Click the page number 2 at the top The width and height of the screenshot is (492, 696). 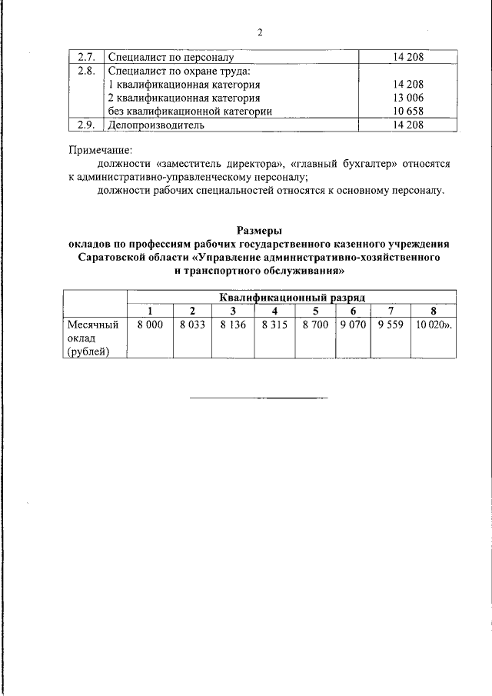[260, 32]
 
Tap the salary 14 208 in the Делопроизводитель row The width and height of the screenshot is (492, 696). [407, 124]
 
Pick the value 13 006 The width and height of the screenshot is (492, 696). [407, 98]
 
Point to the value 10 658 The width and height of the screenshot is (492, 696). [407, 111]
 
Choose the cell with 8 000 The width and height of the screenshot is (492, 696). [150, 325]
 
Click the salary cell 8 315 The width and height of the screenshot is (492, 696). [274, 325]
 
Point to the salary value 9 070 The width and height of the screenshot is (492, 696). [353, 325]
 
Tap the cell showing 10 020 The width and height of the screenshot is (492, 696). [434, 325]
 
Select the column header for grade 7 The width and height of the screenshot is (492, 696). [391, 311]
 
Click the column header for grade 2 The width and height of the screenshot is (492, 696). [192, 311]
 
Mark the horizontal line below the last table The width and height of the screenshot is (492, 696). [258, 398]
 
